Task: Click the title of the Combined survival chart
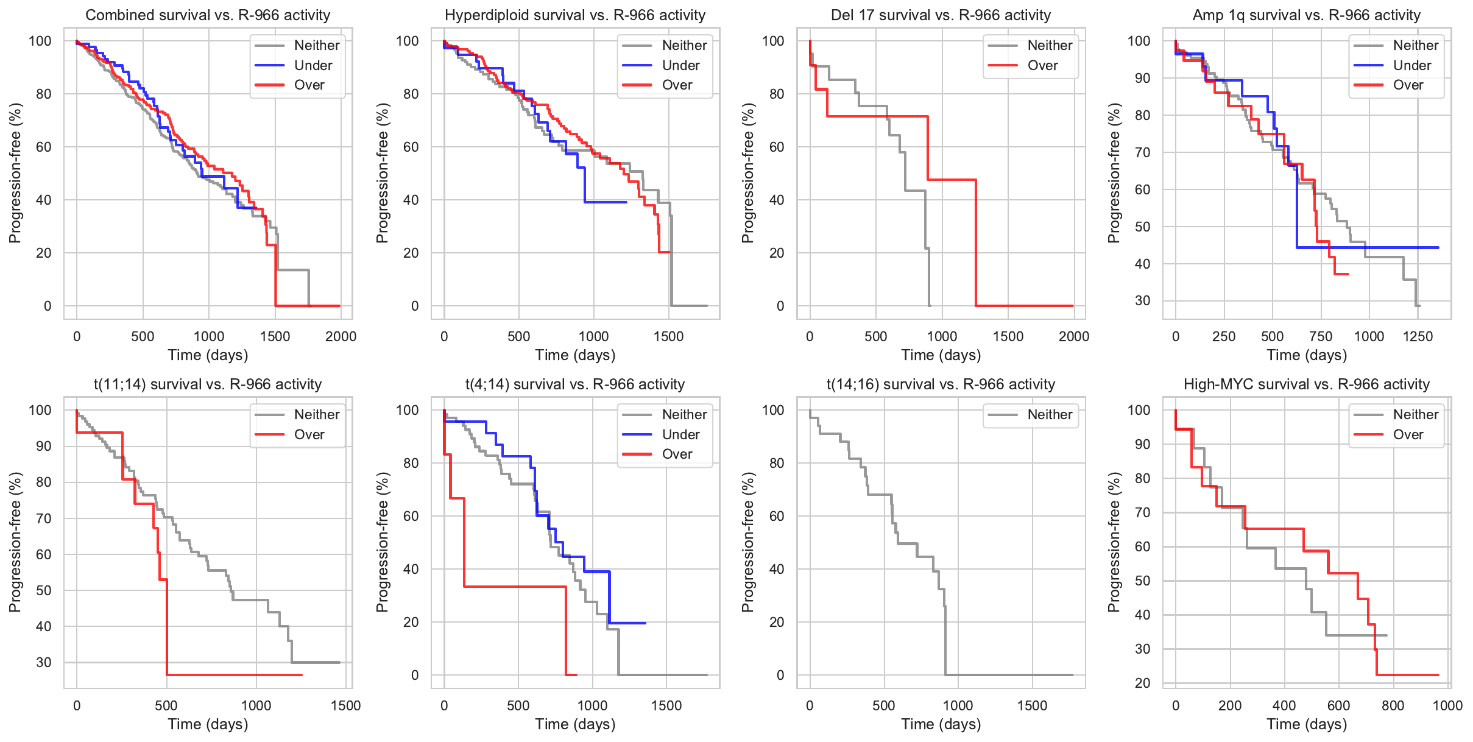(208, 15)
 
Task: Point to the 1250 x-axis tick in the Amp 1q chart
(1418, 336)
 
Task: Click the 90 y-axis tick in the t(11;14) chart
(44, 446)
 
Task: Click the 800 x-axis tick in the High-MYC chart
(1393, 705)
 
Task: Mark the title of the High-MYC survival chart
(1306, 384)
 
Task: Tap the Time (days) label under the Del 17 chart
(941, 355)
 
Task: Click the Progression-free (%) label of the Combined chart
(15, 173)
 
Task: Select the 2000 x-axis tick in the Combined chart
(341, 336)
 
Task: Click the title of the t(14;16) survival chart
(941, 384)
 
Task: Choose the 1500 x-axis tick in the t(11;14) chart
(345, 705)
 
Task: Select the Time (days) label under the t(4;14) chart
(575, 724)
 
